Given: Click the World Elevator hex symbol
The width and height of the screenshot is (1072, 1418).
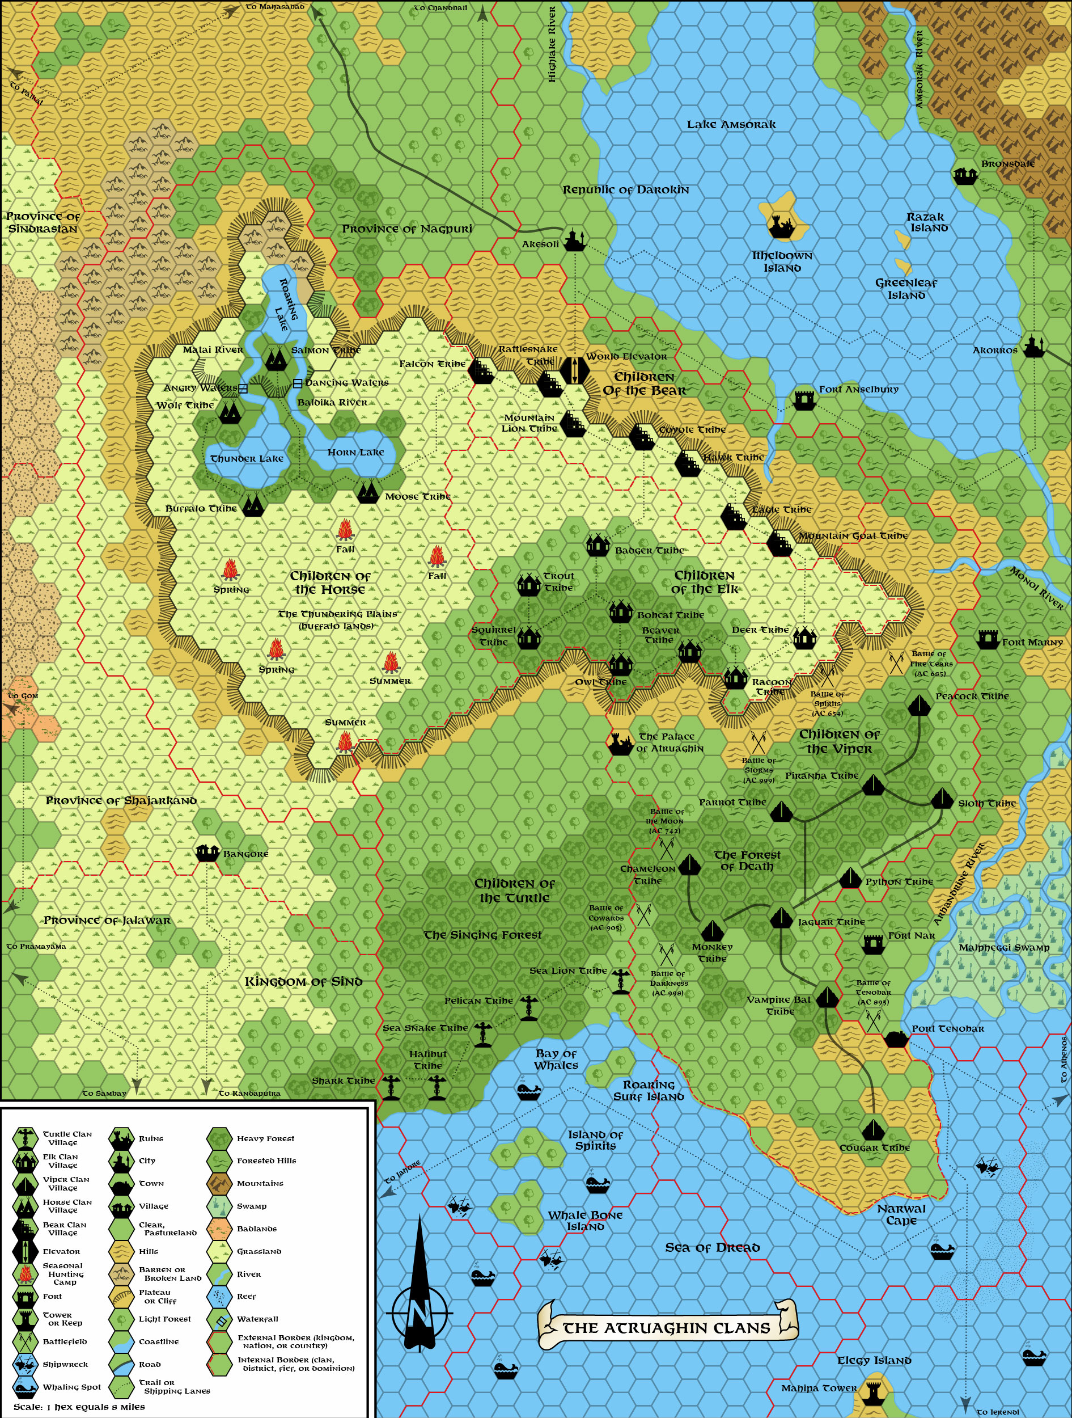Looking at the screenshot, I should click(x=574, y=370).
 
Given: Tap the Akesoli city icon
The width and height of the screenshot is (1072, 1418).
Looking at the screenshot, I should click(x=574, y=240).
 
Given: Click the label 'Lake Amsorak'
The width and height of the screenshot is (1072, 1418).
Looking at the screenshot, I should click(x=731, y=124).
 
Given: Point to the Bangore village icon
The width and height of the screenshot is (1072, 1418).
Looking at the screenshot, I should click(x=207, y=852).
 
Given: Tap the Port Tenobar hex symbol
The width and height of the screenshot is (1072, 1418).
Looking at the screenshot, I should click(x=896, y=1038).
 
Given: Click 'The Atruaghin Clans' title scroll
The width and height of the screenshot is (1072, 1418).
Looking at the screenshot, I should click(x=667, y=1328).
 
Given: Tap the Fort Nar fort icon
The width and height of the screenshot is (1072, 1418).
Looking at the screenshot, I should click(x=872, y=943).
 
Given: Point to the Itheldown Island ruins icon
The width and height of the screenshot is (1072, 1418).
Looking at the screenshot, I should click(x=781, y=226).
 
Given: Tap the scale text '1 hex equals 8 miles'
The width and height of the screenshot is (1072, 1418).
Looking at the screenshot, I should click(x=79, y=1407).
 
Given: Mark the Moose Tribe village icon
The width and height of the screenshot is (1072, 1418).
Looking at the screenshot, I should click(x=367, y=492).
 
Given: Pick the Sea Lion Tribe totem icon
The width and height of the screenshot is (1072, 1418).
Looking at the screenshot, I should click(x=620, y=981).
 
